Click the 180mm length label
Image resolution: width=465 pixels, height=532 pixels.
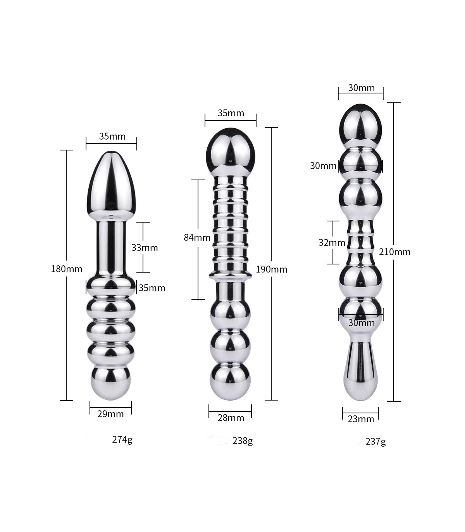click(67, 269)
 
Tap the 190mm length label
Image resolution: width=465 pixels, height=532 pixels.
click(272, 269)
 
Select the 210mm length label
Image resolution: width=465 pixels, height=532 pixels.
click(394, 252)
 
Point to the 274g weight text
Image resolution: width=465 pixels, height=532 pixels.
click(122, 440)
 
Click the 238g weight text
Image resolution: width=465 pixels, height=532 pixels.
click(243, 441)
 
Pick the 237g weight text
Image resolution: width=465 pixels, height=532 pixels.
click(375, 442)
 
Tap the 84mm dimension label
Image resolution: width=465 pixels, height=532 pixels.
click(197, 237)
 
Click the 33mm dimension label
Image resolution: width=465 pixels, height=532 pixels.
click(145, 247)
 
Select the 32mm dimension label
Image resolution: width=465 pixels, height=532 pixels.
click(332, 243)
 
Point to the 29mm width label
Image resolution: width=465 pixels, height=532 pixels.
click(111, 414)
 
